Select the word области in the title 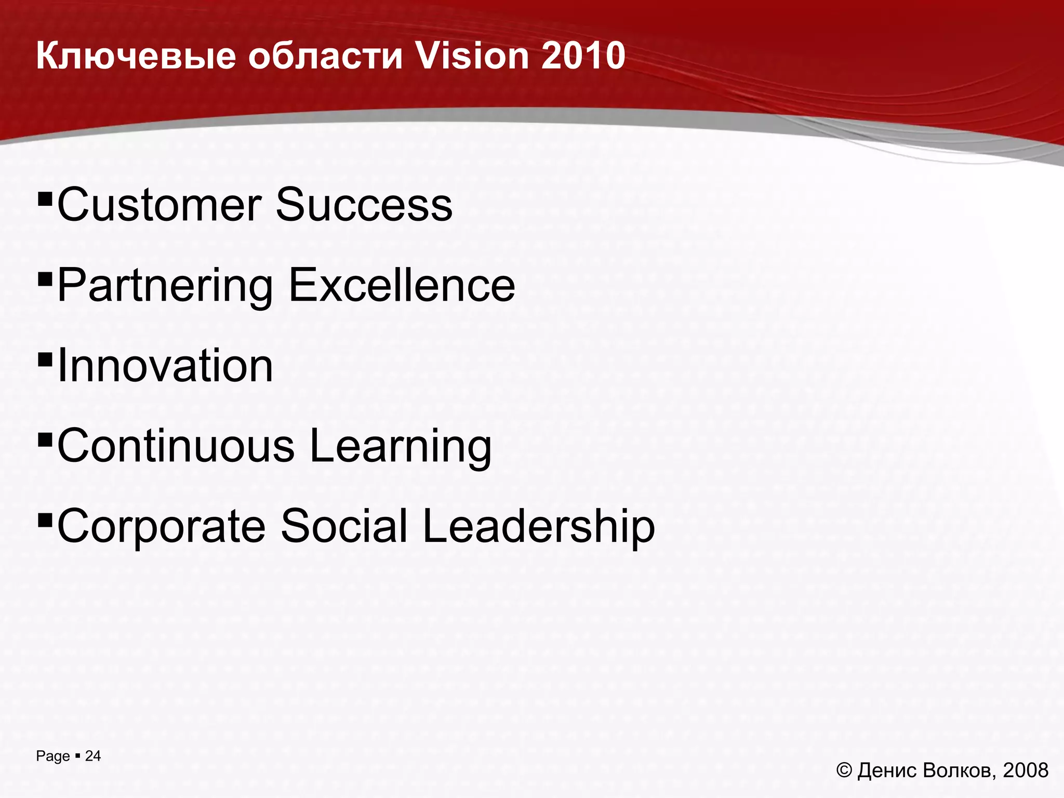tap(325, 56)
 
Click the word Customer tap(159, 205)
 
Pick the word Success tap(364, 205)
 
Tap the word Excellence tap(401, 285)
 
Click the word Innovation tap(165, 366)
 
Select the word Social tap(344, 526)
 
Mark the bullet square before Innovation tap(45, 359)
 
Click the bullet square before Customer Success tap(45, 198)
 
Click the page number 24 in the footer tap(93, 756)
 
